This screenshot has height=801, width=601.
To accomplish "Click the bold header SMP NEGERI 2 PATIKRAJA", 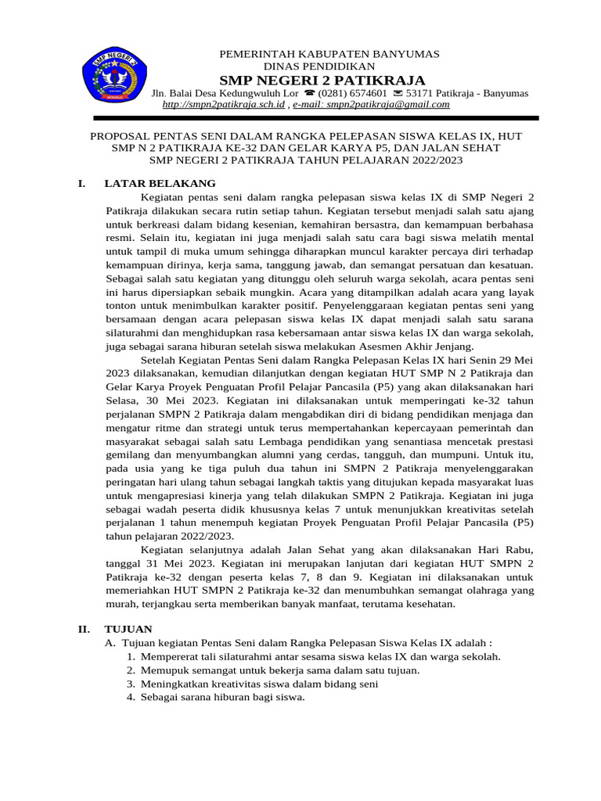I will pos(322,81).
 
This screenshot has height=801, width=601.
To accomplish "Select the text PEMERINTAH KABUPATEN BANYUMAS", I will pos(329,54).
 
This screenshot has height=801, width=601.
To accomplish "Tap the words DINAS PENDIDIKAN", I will pos(322,67).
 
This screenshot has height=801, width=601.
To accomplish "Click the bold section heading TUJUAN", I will pos(129,629).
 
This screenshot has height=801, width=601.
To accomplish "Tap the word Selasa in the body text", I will pos(122,400).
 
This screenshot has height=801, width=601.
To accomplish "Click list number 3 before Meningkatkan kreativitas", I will pos(131,683).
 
